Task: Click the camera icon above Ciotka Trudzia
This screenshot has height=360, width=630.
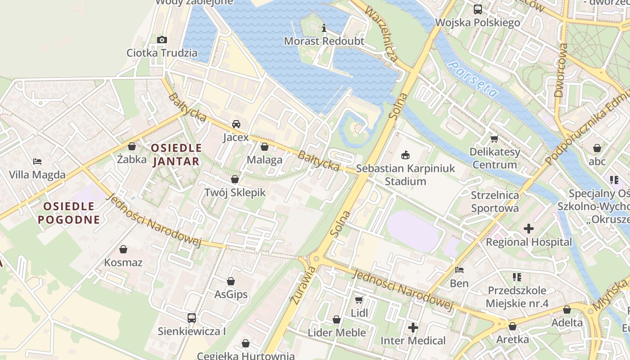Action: (162, 40)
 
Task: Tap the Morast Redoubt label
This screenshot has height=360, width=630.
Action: (324, 41)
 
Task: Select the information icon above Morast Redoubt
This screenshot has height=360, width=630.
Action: (324, 28)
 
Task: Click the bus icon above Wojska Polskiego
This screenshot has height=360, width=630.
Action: (478, 9)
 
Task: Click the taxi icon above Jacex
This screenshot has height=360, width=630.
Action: (236, 124)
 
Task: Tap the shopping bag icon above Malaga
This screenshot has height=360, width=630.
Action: (265, 147)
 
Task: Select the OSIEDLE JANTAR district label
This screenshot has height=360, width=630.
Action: (176, 154)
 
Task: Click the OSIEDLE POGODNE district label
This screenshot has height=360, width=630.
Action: (69, 213)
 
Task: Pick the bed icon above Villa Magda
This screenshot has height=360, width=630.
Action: (37, 162)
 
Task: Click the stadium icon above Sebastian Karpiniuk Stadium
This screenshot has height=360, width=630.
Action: (405, 155)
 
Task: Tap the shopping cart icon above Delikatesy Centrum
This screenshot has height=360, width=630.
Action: (495, 139)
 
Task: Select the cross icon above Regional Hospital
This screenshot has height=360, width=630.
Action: (529, 229)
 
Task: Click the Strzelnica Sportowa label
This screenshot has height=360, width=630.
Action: (495, 202)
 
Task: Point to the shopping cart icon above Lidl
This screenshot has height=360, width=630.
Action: (359, 300)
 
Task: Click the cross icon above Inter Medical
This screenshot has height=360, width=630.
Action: (413, 328)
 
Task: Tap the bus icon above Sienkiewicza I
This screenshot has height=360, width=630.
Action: (191, 318)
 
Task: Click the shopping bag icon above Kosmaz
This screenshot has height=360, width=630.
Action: (123, 249)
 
